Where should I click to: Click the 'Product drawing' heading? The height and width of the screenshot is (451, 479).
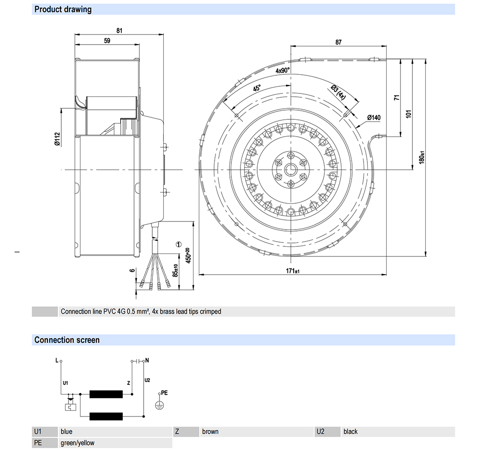point(63,9)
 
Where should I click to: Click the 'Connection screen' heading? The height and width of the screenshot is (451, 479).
point(67,340)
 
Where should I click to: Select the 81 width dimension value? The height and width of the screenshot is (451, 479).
point(119,31)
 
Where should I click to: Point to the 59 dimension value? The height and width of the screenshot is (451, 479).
point(107,41)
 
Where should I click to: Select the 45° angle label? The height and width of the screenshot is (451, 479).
point(257,89)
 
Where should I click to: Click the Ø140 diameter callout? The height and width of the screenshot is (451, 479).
point(374,117)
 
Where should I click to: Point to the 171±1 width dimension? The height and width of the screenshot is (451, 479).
point(293,271)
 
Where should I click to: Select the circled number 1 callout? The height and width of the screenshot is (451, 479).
point(179,244)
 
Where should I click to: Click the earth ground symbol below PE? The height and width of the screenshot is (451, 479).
point(159,405)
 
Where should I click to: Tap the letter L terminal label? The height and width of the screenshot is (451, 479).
point(57,359)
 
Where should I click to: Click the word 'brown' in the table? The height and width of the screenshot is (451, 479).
point(210,431)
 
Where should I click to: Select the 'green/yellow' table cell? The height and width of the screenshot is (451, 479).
point(78,443)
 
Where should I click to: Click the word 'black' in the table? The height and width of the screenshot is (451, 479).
point(350,431)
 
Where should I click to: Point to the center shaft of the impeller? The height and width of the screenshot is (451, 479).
point(290,170)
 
